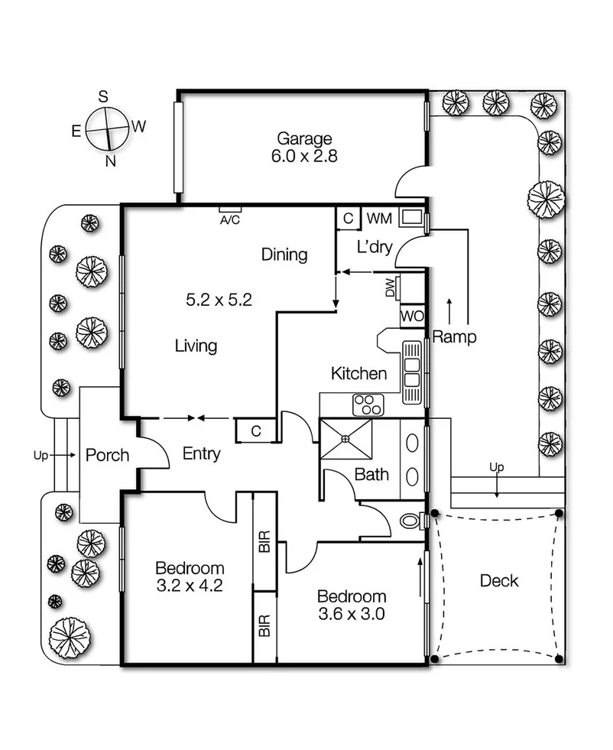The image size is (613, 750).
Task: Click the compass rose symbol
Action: pos(105,128)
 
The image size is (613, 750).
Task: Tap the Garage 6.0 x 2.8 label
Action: pos(304,147)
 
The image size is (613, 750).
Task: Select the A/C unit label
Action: pos(229,220)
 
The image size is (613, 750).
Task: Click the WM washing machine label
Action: pos(378,219)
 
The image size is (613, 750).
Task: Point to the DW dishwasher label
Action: pos(390,288)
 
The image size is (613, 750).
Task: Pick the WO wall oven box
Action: pos(410,316)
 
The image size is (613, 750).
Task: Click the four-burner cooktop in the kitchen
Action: pos(367,405)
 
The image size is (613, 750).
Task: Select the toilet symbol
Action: pos(413,521)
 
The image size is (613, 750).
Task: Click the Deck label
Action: pos(499,581)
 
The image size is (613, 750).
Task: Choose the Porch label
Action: pos(106,456)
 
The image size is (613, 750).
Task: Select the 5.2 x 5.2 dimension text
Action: pos(219,300)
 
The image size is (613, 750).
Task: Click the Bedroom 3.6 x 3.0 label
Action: pos(352,604)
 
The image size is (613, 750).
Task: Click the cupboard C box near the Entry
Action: pos(256,431)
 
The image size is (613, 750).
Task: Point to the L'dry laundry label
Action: pos(375,247)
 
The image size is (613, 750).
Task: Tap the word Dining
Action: pos(284,255)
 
